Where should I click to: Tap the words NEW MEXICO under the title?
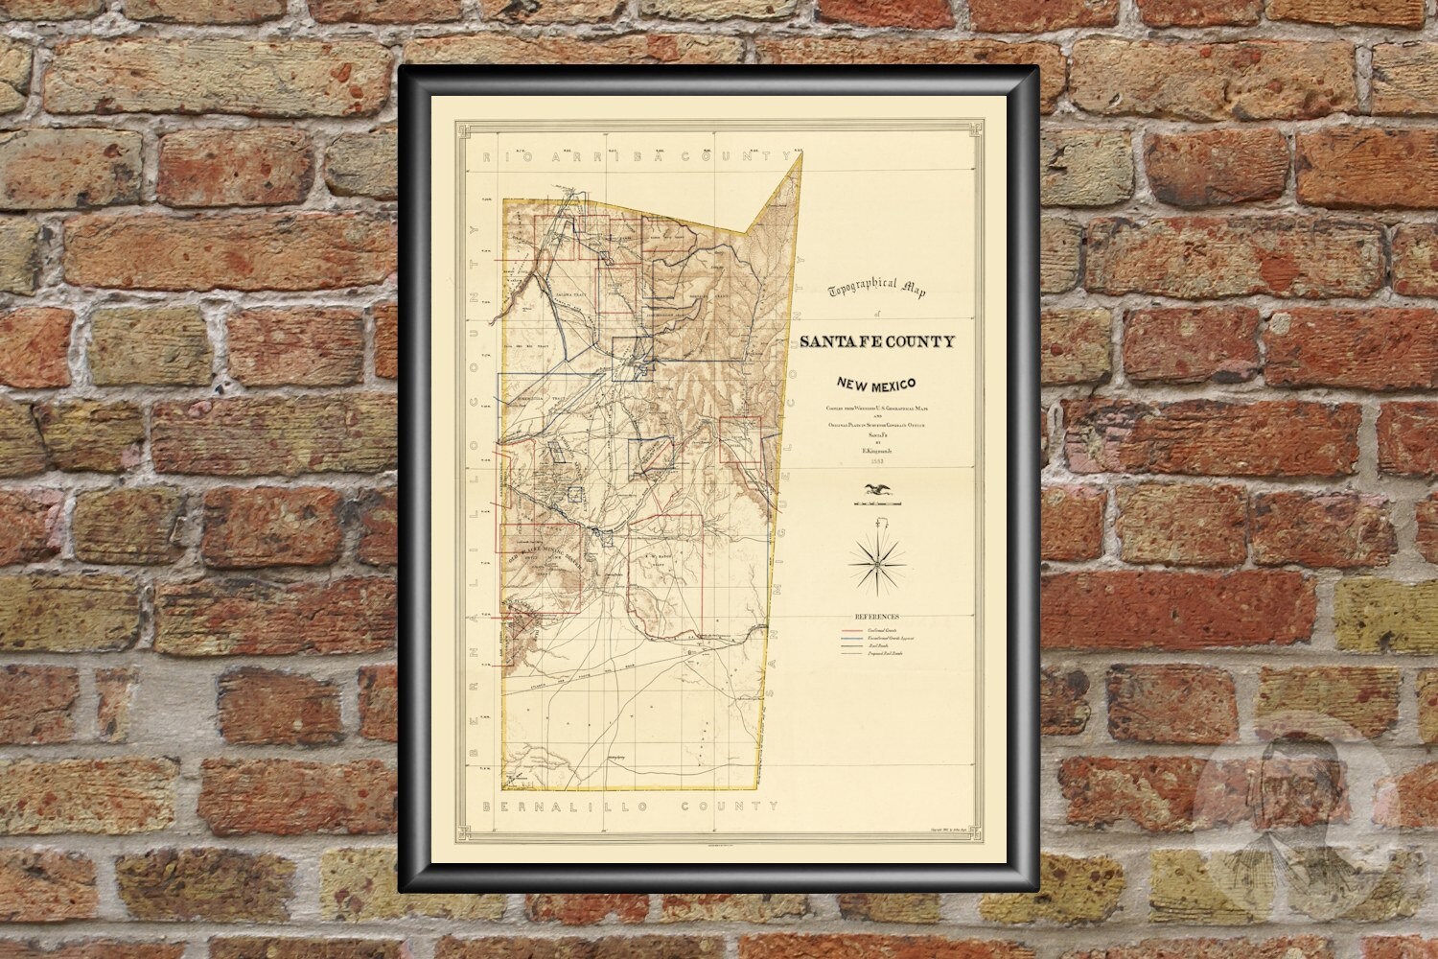[874, 385]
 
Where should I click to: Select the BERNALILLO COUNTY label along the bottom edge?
[633, 806]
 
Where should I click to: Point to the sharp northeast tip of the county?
[800, 152]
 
